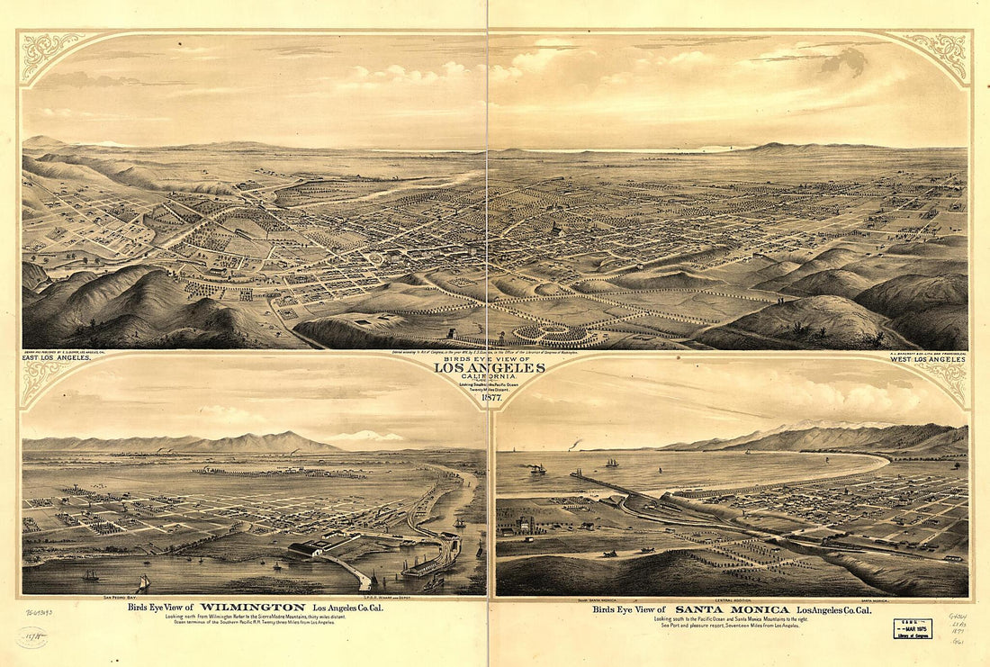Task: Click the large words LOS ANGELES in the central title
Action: [490, 367]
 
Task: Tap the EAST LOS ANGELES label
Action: [56, 358]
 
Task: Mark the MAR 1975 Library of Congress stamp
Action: [913, 628]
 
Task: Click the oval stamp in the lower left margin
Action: [31, 637]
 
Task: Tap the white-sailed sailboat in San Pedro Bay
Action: [143, 583]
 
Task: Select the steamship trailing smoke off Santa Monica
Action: [537, 468]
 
